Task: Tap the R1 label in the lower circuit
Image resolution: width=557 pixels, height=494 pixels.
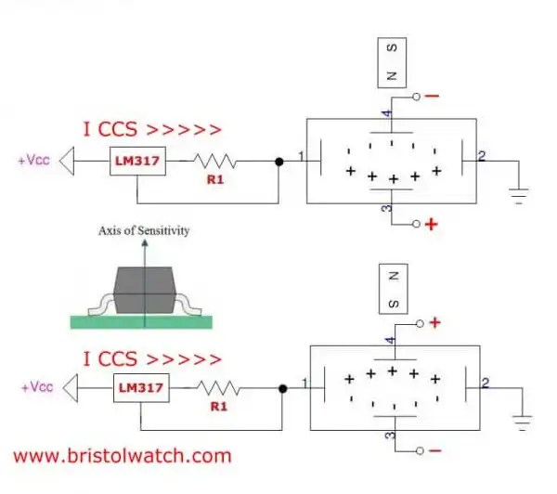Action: (x=220, y=405)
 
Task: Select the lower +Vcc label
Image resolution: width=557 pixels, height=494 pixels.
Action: (x=34, y=386)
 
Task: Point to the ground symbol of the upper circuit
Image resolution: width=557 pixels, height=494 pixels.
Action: (x=519, y=196)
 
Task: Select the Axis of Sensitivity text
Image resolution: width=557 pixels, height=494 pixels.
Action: (x=143, y=230)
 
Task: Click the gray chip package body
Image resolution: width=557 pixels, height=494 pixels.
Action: (x=144, y=290)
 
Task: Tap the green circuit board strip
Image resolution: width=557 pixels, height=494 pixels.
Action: (x=140, y=321)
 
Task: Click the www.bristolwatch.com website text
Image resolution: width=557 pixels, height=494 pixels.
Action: (x=123, y=456)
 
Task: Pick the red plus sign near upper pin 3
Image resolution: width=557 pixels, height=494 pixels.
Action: (x=431, y=225)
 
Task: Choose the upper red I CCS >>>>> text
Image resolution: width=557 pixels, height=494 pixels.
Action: (x=153, y=130)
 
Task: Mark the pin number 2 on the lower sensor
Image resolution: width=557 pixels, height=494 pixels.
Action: (x=486, y=383)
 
